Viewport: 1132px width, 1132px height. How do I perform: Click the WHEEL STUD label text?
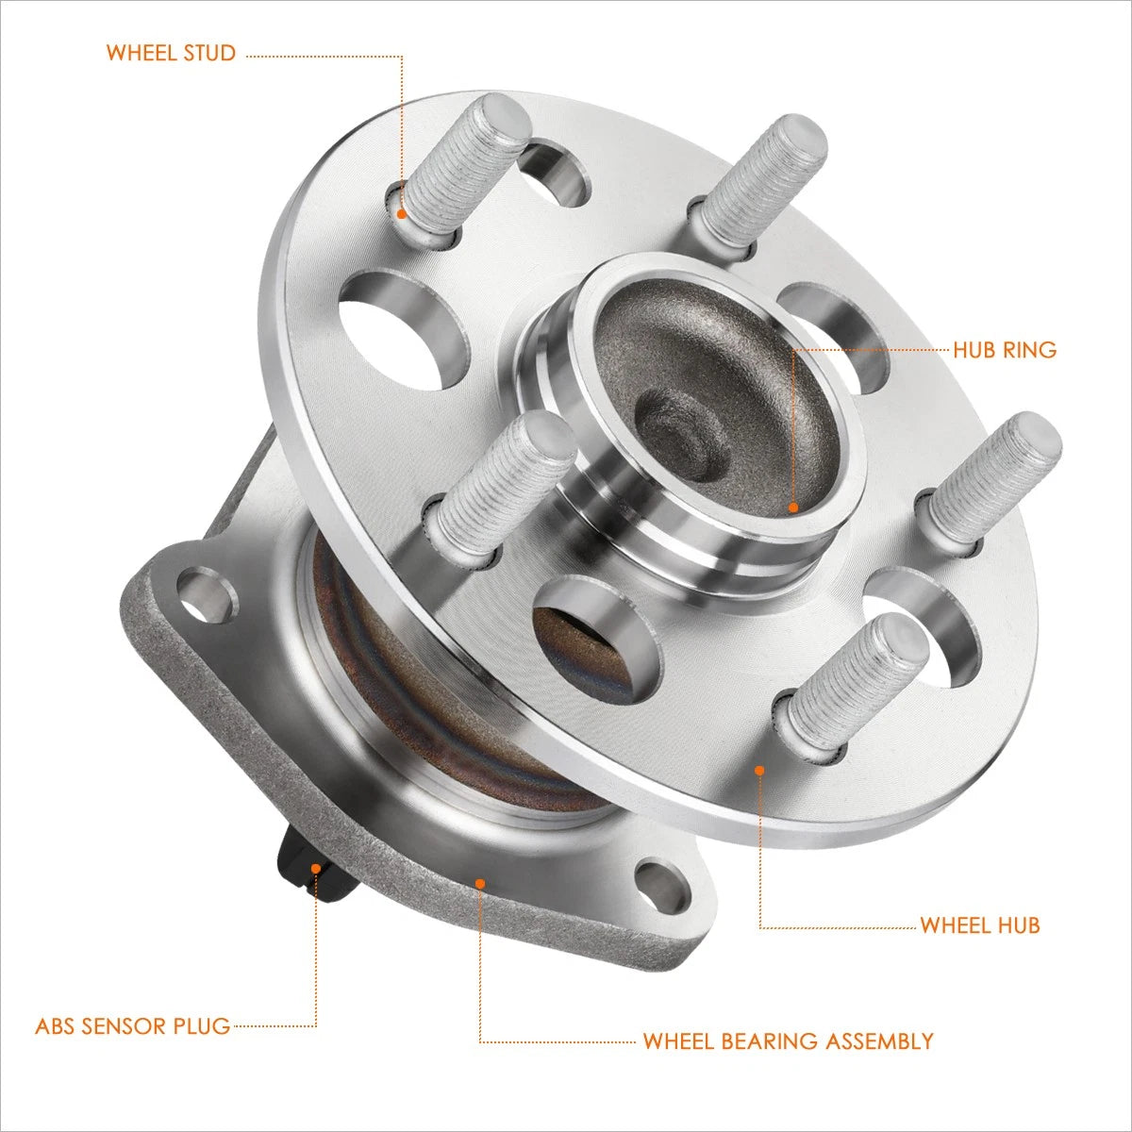click(x=171, y=53)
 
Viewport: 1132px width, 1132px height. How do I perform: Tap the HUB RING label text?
click(x=1005, y=350)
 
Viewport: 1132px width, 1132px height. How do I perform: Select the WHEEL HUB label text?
click(x=980, y=924)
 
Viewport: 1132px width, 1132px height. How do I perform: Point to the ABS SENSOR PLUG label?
click(x=133, y=1025)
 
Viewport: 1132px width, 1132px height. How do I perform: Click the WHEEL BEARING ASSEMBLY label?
click(x=789, y=1040)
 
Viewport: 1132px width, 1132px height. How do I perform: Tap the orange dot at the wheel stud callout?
click(x=402, y=214)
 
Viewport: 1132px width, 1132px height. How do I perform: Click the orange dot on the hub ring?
click(x=793, y=508)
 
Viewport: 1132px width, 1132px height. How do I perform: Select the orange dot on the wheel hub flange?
click(x=759, y=770)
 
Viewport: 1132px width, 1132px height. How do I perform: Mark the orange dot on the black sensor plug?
click(x=316, y=868)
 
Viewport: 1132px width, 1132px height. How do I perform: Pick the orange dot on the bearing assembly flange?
click(x=480, y=900)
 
